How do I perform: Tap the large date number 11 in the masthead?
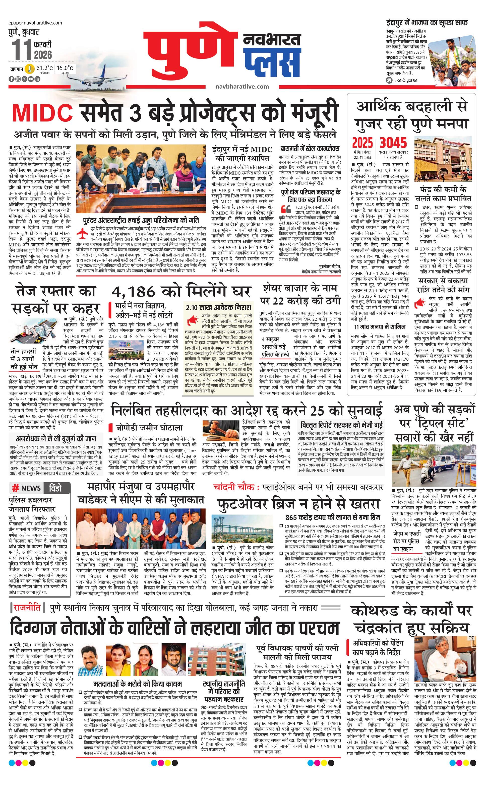coord(22,49)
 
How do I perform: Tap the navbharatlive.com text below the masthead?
coord(242,86)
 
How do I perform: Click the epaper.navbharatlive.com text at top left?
coord(36,23)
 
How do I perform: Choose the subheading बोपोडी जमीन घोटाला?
coord(149,428)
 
